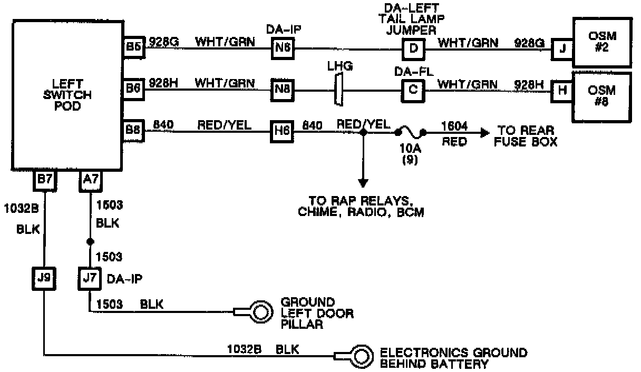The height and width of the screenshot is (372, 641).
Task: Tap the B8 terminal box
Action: click(132, 130)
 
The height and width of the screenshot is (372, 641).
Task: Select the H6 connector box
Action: click(283, 130)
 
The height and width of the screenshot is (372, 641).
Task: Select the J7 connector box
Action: click(89, 278)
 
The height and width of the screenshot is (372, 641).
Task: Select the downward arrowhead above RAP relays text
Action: click(363, 182)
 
